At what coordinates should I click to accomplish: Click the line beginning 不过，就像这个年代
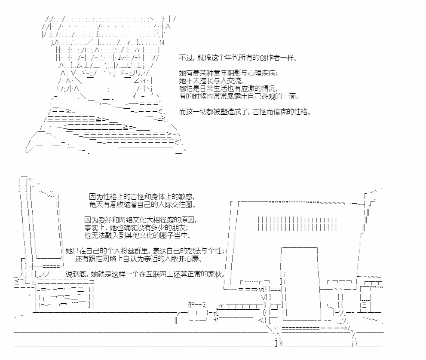pyautogui.click(x=238, y=58)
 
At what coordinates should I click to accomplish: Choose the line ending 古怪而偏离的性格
pyautogui.click(x=245, y=112)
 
